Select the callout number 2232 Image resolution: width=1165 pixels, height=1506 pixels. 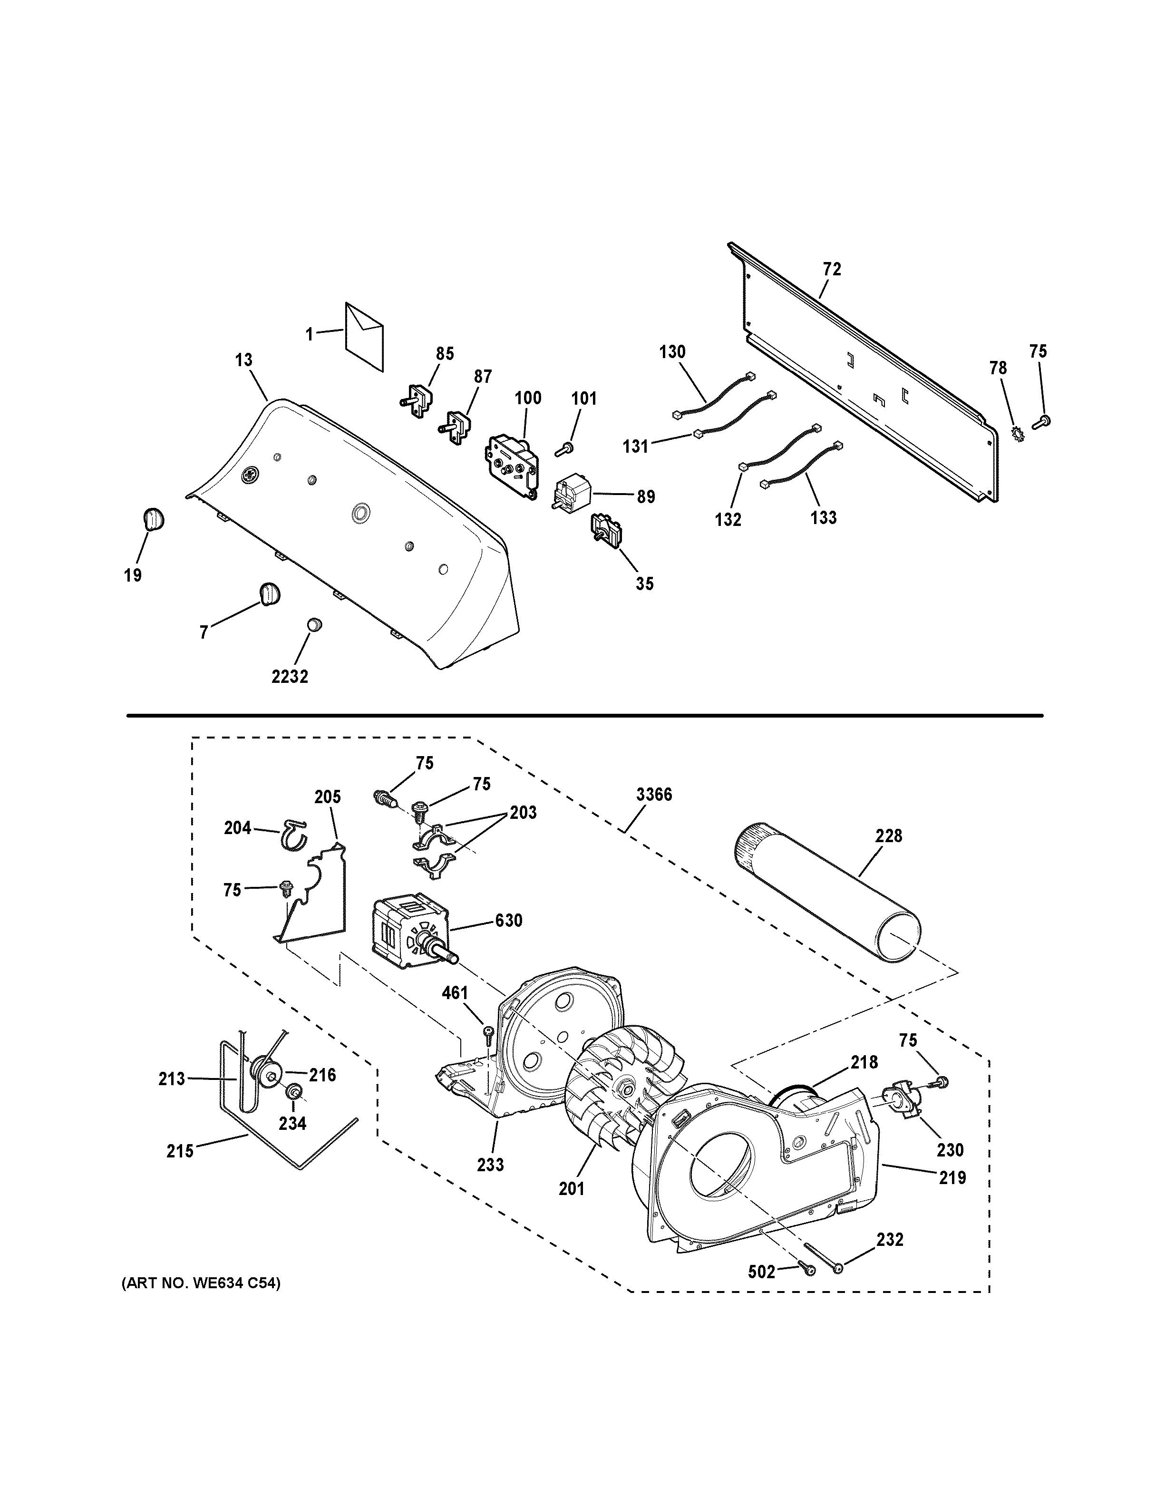tap(290, 677)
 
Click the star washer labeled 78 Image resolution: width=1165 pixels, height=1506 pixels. tap(1017, 435)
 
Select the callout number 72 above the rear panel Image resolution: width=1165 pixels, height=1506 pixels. tap(832, 269)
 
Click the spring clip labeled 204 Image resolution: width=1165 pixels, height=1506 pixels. tap(295, 835)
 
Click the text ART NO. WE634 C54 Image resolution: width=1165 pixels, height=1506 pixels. tap(201, 1283)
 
